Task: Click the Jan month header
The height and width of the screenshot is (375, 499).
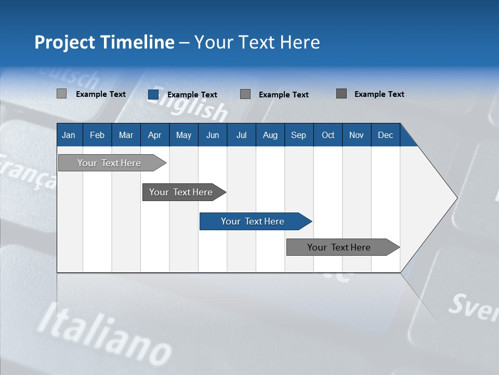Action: click(x=69, y=135)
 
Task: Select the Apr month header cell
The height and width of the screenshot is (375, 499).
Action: click(x=154, y=135)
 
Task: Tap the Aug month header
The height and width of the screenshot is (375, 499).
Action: click(x=270, y=135)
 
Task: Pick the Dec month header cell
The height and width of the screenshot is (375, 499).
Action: click(x=385, y=135)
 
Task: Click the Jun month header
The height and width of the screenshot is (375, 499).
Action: click(x=212, y=135)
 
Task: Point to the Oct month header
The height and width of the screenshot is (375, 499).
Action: click(x=327, y=135)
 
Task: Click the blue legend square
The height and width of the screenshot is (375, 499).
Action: click(x=153, y=94)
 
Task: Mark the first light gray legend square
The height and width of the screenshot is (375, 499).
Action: click(x=62, y=94)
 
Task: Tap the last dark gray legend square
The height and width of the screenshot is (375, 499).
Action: click(x=342, y=94)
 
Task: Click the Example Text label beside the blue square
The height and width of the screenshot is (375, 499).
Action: click(x=192, y=94)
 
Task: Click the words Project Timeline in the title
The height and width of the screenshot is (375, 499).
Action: click(x=104, y=42)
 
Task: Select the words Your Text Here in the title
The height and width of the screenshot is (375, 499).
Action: click(x=257, y=42)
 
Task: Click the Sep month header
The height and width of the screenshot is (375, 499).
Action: click(x=298, y=135)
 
